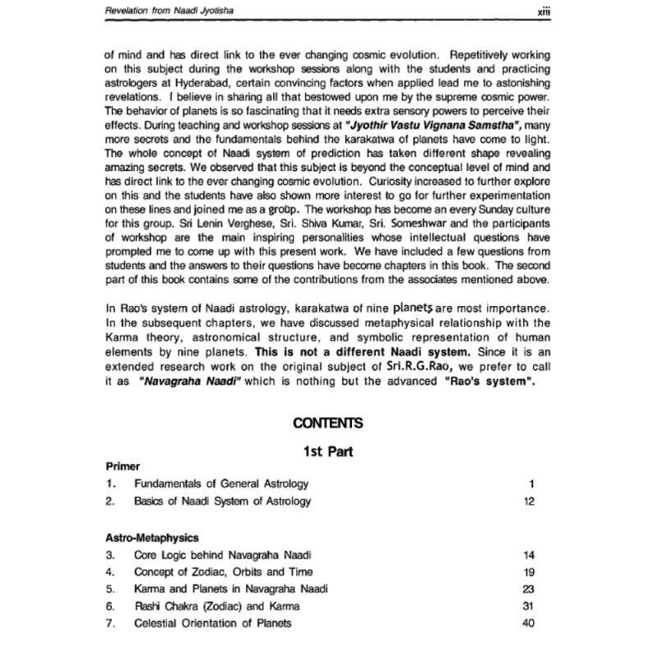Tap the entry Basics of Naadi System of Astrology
pyautogui.click(x=223, y=500)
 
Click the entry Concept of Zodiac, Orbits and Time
pyautogui.click(x=224, y=572)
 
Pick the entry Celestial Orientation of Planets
pyautogui.click(x=213, y=623)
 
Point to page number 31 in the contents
pyautogui.click(x=529, y=606)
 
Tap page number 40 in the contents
pyautogui.click(x=529, y=623)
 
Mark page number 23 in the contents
pyautogui.click(x=529, y=589)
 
